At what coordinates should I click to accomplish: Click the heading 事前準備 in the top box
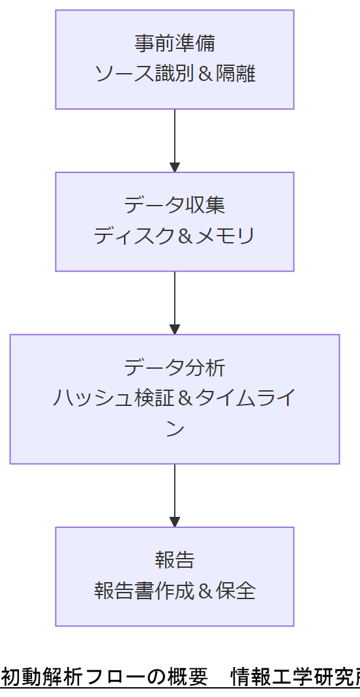pyautogui.click(x=174, y=43)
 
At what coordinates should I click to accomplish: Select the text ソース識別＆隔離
pyautogui.click(x=174, y=73)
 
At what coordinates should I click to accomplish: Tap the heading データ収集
pyautogui.click(x=174, y=205)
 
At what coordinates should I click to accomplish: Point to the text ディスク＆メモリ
pyautogui.click(x=174, y=236)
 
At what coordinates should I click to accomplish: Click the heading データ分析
pyautogui.click(x=174, y=367)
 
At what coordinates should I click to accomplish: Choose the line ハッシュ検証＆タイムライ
pyautogui.click(x=174, y=397)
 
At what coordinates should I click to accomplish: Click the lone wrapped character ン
pyautogui.click(x=174, y=429)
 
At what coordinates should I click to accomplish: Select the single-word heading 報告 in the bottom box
pyautogui.click(x=174, y=560)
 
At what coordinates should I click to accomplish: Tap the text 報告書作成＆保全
pyautogui.click(x=174, y=591)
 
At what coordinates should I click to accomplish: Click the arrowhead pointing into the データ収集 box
pyautogui.click(x=174, y=167)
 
